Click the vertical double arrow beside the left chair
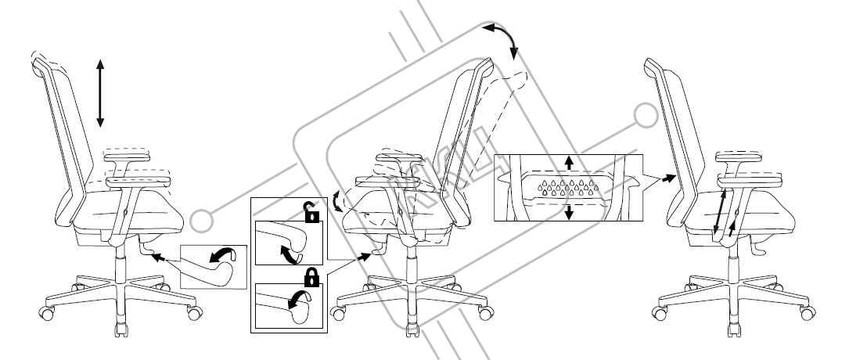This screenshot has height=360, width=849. (99, 92)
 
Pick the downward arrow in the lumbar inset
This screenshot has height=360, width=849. (570, 211)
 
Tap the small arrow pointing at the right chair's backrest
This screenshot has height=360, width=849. (666, 178)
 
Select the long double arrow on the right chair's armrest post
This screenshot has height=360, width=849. (719, 209)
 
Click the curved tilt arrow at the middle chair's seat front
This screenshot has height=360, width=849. (337, 203)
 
